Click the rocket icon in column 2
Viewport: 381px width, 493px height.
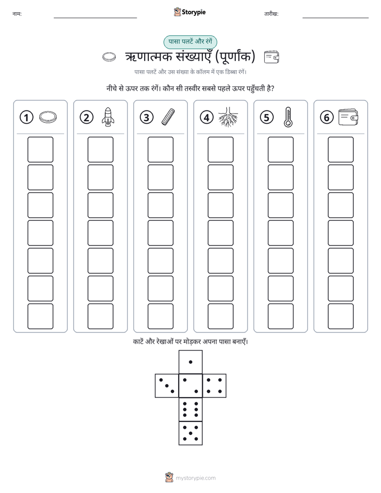[108, 117]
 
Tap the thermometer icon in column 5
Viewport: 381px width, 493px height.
[288, 117]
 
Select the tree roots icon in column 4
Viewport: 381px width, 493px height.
[228, 117]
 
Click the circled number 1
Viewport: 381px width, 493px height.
[26, 117]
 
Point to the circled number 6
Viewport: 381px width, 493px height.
[327, 117]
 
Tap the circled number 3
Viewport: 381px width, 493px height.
[147, 117]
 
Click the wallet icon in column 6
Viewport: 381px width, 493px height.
[348, 117]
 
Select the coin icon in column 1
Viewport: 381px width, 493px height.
[48, 117]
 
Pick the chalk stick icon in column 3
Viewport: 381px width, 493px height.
[168, 117]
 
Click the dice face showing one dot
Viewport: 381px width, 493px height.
[190, 362]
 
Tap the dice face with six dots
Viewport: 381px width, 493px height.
[190, 409]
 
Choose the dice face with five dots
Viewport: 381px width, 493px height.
[190, 433]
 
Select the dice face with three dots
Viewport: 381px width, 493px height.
[167, 386]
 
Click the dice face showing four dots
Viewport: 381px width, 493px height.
[215, 386]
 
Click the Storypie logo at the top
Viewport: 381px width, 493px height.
[189, 12]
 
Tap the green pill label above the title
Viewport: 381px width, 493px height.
[190, 42]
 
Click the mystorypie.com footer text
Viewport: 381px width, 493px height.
[195, 478]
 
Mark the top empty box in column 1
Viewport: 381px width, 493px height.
[40, 149]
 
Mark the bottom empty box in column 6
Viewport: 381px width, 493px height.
[340, 316]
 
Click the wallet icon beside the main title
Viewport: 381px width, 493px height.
[271, 57]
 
